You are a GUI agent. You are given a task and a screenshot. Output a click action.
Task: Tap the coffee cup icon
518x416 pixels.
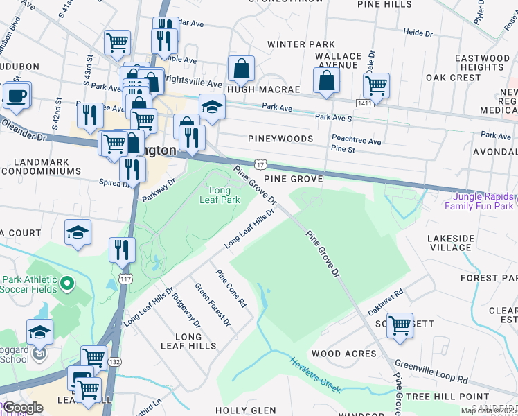[x=17, y=94]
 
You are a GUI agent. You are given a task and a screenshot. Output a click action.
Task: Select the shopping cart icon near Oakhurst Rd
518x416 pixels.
[x=400, y=324]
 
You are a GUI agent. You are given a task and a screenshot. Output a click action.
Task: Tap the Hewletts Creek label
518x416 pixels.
[x=315, y=375]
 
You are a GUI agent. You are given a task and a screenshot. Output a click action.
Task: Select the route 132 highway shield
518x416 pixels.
[x=114, y=362]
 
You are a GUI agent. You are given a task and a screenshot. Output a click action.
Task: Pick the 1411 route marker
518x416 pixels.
[x=366, y=103]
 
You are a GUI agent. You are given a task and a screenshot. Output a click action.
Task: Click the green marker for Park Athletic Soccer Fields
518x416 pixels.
[x=66, y=283]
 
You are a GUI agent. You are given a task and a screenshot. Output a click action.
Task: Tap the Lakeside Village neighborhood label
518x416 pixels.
[x=449, y=243]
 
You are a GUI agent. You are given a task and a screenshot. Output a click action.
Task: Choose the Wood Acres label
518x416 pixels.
[x=343, y=354]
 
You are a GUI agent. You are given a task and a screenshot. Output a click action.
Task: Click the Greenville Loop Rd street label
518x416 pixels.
[x=431, y=372]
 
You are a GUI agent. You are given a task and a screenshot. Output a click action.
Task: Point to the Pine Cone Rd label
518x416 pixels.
[x=231, y=288]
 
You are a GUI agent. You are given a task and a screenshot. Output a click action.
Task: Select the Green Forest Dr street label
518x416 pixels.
[x=212, y=304]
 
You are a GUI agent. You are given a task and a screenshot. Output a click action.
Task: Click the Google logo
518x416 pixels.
[x=23, y=408]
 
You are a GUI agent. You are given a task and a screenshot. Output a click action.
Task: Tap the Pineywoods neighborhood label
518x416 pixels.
[x=280, y=139]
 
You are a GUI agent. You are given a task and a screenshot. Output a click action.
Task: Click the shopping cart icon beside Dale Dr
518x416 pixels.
[x=376, y=85]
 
